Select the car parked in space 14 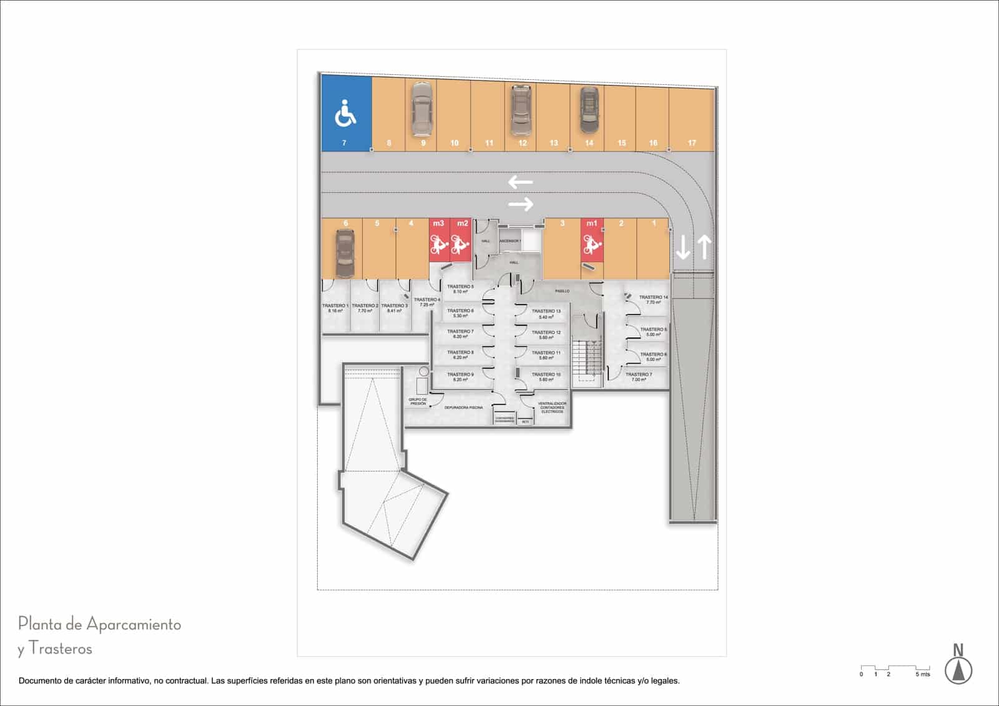pyautogui.click(x=588, y=109)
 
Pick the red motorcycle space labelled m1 pyautogui.click(x=592, y=240)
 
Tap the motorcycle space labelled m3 pyautogui.click(x=439, y=240)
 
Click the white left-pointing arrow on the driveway pyautogui.click(x=520, y=182)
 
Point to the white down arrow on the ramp pyautogui.click(x=683, y=247)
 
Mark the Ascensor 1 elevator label pyautogui.click(x=510, y=241)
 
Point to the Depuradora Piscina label pyautogui.click(x=463, y=408)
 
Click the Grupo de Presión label pyautogui.click(x=418, y=401)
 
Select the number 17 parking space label pyautogui.click(x=692, y=143)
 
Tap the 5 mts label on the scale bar pyautogui.click(x=922, y=674)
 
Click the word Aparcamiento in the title pyautogui.click(x=134, y=624)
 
